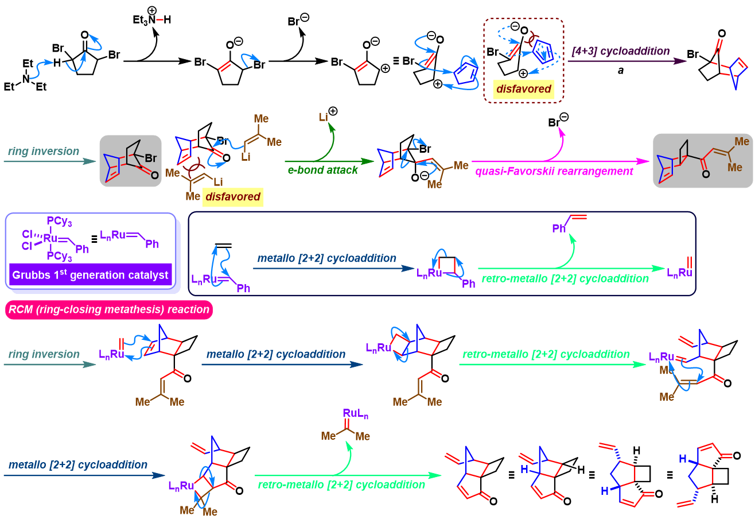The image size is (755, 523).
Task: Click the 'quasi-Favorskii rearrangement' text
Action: tap(554, 171)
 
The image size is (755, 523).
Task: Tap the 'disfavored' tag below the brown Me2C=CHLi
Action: tap(233, 197)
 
